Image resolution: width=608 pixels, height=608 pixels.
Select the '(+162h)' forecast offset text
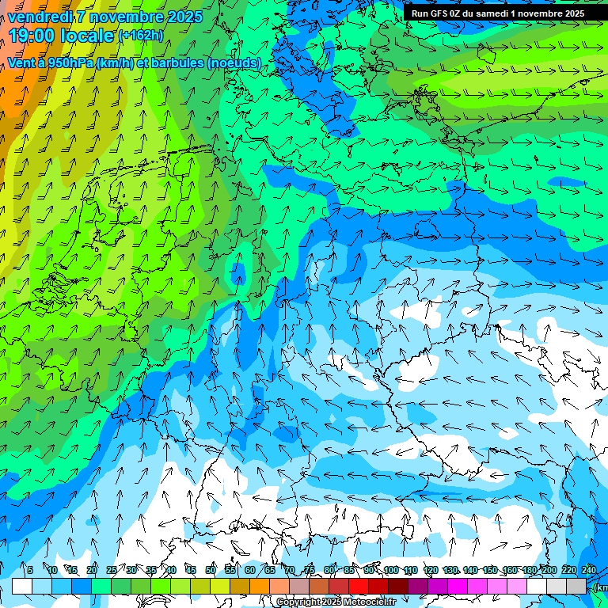click(x=140, y=36)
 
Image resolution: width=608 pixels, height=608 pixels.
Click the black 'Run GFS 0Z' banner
click(x=498, y=13)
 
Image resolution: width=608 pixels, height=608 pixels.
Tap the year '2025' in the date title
click(x=184, y=17)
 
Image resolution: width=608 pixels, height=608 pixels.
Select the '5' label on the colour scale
click(x=29, y=570)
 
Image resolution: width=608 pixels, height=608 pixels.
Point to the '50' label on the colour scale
click(x=211, y=570)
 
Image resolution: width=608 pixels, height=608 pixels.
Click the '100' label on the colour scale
click(x=391, y=570)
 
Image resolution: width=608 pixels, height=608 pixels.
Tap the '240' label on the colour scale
click(x=589, y=570)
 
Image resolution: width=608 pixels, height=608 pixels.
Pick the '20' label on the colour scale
click(x=92, y=570)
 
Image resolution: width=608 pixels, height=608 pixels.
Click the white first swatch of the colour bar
click(x=22, y=586)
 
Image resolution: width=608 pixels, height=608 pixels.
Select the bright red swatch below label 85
click(x=359, y=586)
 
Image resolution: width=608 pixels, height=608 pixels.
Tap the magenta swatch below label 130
click(x=458, y=586)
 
